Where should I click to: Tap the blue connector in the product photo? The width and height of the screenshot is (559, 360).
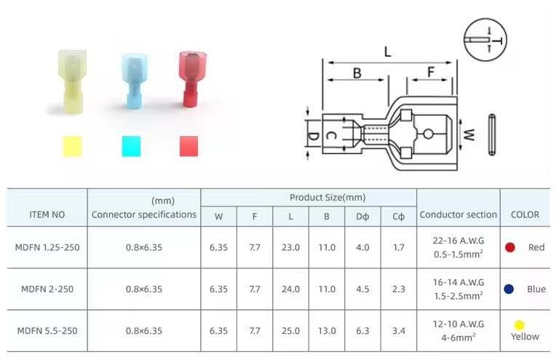tap(133, 85)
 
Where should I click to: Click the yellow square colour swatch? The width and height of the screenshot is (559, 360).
tap(73, 146)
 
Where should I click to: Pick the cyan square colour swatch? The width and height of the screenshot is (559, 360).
tap(132, 146)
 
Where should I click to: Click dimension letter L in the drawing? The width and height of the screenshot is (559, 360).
tap(387, 52)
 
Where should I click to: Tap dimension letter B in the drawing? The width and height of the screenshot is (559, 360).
tap(357, 73)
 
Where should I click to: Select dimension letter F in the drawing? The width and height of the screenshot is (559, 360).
tap(430, 73)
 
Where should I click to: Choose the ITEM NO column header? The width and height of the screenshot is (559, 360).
tap(47, 215)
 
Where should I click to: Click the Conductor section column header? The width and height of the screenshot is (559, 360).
tap(458, 215)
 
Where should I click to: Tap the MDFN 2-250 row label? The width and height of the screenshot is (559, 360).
tap(47, 289)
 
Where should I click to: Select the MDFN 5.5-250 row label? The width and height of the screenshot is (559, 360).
tap(47, 330)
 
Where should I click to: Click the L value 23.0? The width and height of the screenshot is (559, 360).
tap(290, 247)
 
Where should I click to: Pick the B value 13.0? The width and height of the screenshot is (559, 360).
tap(327, 330)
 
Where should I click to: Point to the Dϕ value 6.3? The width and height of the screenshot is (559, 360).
tap(362, 330)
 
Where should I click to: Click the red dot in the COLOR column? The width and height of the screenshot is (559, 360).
tap(510, 247)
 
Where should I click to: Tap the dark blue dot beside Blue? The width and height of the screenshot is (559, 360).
tap(510, 289)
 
